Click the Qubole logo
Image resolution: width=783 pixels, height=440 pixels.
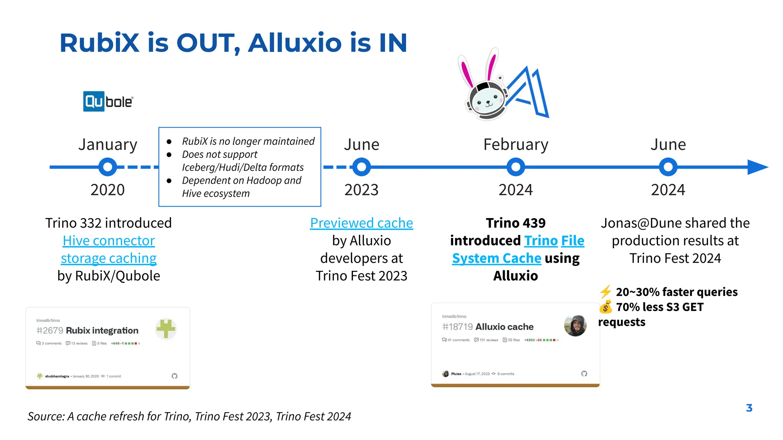tap(108, 102)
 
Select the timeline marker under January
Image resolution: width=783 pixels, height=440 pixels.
tap(107, 167)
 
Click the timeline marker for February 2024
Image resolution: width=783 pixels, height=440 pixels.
tap(515, 167)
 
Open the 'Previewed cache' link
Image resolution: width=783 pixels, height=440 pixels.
tap(361, 223)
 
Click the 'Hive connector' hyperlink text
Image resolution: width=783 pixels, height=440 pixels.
tap(109, 241)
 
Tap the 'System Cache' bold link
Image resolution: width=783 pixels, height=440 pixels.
tap(496, 258)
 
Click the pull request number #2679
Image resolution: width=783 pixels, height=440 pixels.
tap(50, 330)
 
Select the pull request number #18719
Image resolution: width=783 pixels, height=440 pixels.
tap(457, 327)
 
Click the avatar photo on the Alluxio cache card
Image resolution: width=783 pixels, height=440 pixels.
tap(575, 326)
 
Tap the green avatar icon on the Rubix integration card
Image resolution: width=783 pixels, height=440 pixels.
tap(166, 328)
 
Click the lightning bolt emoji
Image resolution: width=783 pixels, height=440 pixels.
tap(606, 292)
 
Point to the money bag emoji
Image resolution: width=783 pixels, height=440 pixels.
tap(606, 307)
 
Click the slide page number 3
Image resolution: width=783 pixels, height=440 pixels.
tap(749, 408)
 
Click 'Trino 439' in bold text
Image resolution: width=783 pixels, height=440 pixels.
tap(515, 223)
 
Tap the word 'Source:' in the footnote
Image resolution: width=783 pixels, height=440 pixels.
tap(46, 416)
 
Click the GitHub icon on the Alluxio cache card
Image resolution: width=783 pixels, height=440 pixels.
tap(584, 374)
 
